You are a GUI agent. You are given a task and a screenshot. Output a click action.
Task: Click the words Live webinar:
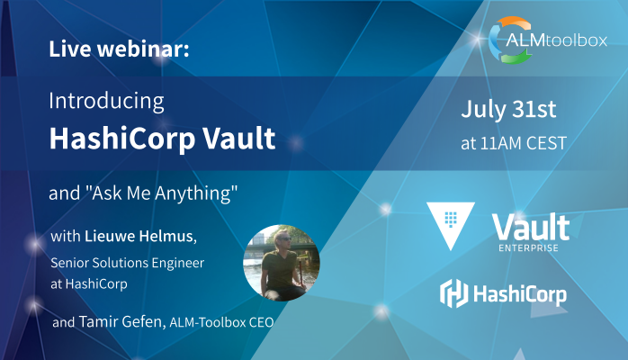click(119, 49)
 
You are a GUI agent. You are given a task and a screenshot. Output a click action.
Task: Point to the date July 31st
click(508, 111)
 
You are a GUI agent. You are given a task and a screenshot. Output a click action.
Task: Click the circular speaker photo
click(281, 261)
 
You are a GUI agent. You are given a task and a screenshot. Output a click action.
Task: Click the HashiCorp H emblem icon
click(451, 292)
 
